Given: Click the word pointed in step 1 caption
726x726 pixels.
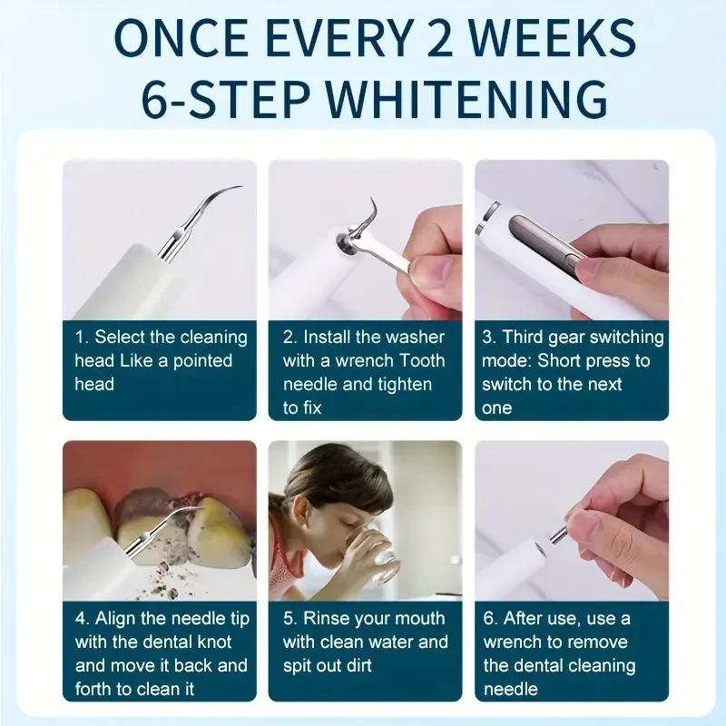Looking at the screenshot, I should click(202, 360).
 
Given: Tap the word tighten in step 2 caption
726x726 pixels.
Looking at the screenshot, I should click(400, 384).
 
